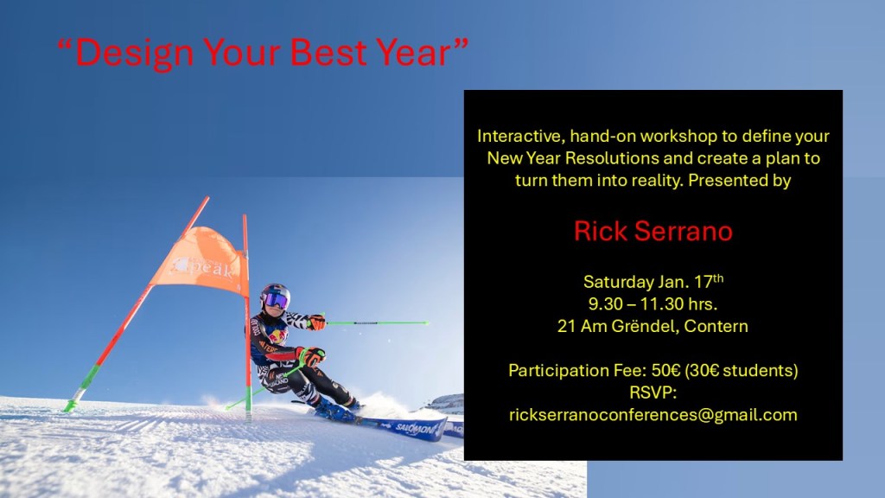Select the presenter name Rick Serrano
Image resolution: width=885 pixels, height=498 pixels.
click(x=653, y=231)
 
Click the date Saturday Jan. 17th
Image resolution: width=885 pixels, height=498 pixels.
click(x=653, y=281)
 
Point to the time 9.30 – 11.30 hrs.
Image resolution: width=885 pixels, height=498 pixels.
click(x=653, y=303)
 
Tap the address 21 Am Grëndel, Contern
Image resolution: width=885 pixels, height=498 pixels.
click(x=653, y=326)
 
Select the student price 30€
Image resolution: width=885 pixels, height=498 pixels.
click(x=704, y=370)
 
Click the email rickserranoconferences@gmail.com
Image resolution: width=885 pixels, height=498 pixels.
click(x=653, y=415)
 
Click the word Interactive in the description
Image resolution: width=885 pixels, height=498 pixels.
click(x=521, y=136)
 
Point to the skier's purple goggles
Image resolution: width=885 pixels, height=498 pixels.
click(x=276, y=300)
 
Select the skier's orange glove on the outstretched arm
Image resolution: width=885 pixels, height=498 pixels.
click(x=316, y=322)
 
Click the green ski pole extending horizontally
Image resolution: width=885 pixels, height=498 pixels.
click(x=377, y=323)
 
